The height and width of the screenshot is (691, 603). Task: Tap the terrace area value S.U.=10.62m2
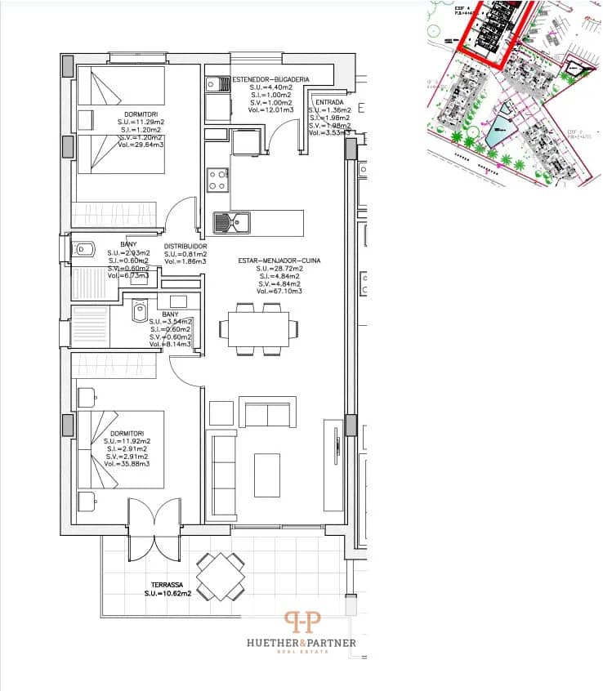[167, 593]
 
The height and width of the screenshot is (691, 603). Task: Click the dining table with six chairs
[258, 328]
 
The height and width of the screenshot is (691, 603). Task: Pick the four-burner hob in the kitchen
[217, 180]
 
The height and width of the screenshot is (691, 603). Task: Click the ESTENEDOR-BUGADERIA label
[270, 78]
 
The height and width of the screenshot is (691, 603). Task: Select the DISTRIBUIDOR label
[185, 246]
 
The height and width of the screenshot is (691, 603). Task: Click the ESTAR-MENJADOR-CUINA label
[279, 261]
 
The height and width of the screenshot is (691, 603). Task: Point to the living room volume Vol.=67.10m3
[279, 291]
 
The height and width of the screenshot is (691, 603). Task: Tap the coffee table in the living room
[266, 475]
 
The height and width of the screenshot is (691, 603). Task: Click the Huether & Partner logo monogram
[301, 623]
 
